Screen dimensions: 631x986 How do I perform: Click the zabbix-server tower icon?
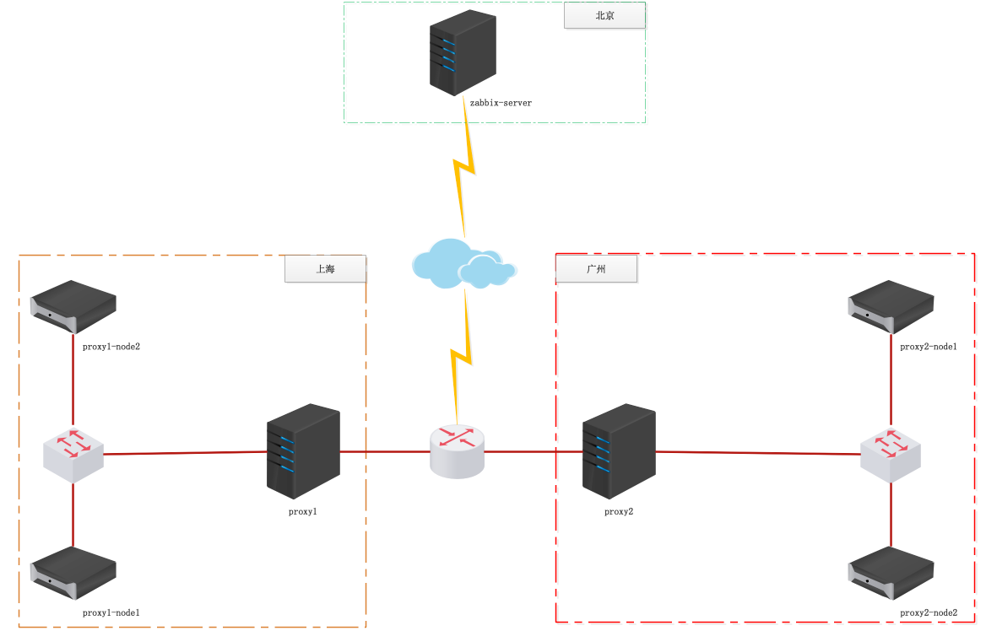tap(462, 52)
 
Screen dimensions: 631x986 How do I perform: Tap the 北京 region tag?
tap(604, 15)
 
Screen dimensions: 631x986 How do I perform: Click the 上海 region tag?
tap(325, 269)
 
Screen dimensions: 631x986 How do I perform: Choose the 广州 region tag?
tap(596, 269)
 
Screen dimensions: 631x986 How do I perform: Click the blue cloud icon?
tap(463, 264)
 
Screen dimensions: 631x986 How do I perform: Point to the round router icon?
tap(458, 451)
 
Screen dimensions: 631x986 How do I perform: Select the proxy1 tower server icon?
tap(303, 451)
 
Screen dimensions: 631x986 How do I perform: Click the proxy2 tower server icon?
tap(619, 451)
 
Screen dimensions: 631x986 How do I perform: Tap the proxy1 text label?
tap(303, 511)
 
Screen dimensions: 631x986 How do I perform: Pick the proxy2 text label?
tap(619, 511)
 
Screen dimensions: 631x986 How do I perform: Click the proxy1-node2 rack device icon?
tap(73, 306)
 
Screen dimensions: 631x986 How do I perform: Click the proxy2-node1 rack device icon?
tap(891, 306)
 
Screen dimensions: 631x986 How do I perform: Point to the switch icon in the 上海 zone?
tap(73, 455)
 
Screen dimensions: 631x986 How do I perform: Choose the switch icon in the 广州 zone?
tap(891, 455)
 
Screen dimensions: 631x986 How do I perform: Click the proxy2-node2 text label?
tap(929, 612)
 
